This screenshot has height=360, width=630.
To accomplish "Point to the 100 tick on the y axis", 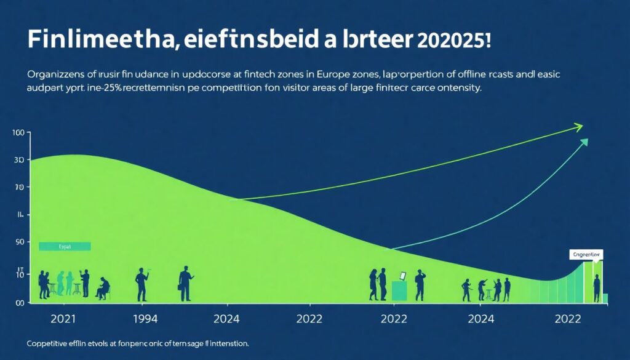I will pos(17,133).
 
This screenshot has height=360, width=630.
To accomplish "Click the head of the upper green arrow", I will pos(578,127).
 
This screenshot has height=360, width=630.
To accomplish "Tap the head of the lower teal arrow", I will pos(583,142).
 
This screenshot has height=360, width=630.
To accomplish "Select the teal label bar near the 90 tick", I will pos(64,246).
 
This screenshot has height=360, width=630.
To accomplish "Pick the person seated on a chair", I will pos(103,287).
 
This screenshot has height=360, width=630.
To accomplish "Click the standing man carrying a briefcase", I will pos(185,283).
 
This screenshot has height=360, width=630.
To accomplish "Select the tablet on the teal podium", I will pos(402,276).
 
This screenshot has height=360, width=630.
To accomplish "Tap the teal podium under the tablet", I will pos(399,291).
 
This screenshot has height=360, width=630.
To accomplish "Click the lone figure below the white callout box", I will pos(596,288).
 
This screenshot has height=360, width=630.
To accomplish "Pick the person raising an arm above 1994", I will pos(142,283).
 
